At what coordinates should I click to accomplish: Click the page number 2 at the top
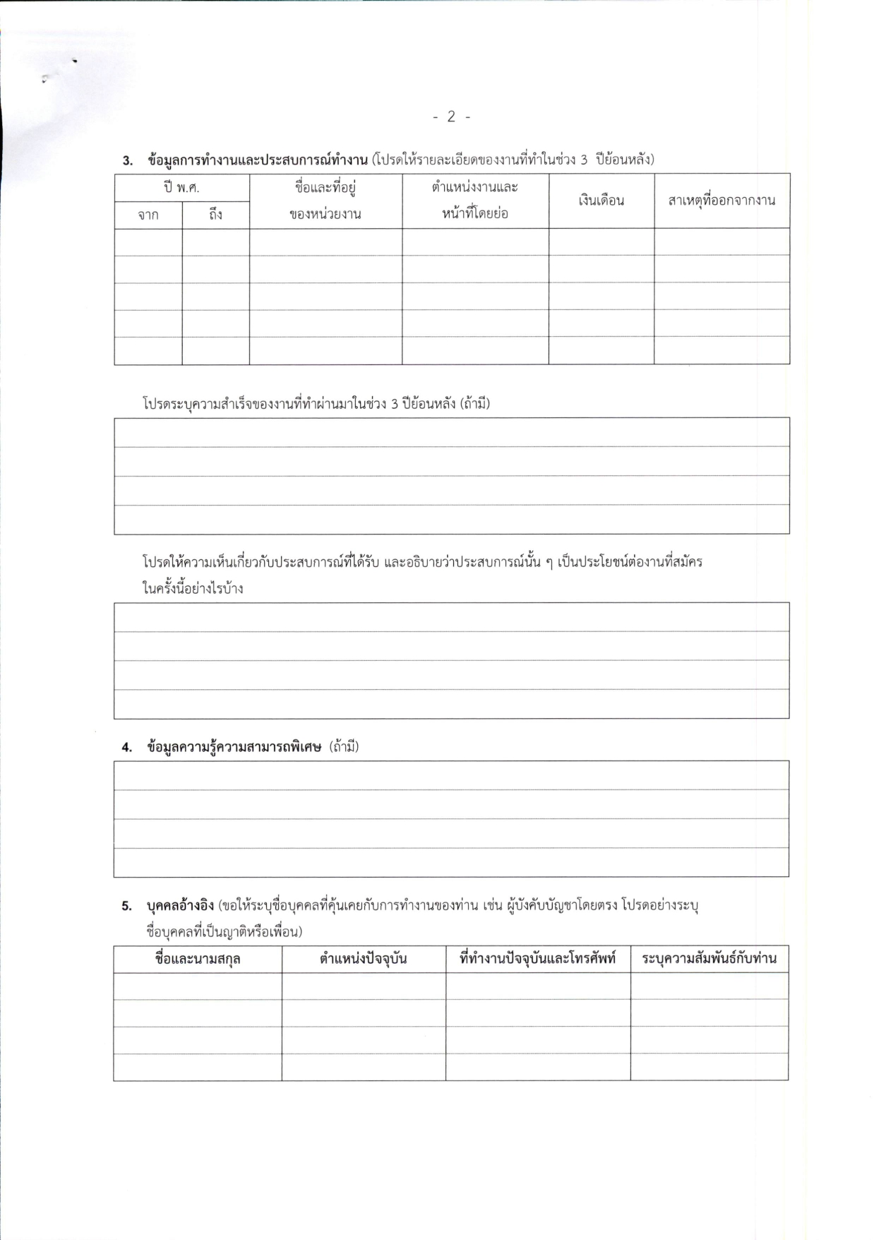(451, 117)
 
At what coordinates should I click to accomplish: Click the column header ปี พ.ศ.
(181, 188)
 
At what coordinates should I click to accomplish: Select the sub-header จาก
(148, 215)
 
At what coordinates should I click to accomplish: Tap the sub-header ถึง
(215, 215)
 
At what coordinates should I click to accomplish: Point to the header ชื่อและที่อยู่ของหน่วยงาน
(325, 201)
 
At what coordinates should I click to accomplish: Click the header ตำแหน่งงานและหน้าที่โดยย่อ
(475, 200)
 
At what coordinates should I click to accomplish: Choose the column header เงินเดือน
(601, 201)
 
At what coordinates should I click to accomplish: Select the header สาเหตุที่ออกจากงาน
(722, 201)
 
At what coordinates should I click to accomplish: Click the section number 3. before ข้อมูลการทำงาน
(127, 160)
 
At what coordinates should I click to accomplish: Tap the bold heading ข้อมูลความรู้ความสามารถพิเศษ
(234, 747)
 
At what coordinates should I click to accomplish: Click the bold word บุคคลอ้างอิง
(181, 905)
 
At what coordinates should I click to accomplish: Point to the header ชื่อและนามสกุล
(198, 959)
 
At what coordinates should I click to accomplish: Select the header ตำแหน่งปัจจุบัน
(364, 959)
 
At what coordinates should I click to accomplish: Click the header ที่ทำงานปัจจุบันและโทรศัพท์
(538, 959)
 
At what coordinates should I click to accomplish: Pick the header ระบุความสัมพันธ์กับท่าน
(709, 959)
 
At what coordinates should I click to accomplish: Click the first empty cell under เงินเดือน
(601, 242)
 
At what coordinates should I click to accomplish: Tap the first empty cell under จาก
(148, 242)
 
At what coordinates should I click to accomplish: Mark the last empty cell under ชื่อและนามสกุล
(198, 1066)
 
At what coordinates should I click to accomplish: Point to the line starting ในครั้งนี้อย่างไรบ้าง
(193, 588)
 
